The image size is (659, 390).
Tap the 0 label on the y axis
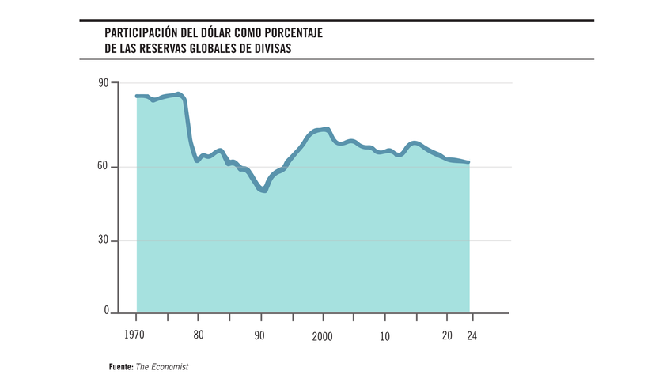pos(106,312)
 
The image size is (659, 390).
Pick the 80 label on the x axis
pos(199,335)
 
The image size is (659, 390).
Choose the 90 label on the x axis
pos(259,335)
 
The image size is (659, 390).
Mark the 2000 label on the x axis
pos(322,335)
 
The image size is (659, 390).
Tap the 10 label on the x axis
pos(384,335)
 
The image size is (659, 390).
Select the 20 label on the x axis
pos(447,335)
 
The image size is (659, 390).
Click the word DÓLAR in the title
pos(210,33)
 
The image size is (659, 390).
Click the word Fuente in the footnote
pos(120,367)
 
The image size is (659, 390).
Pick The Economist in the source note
pos(162,367)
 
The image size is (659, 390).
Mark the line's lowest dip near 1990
pos(263,190)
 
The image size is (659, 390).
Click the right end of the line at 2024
pos(469,162)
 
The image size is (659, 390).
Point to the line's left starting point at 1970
pos(137,96)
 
